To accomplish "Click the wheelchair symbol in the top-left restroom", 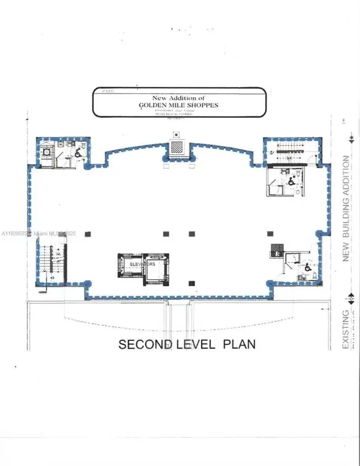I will pyautogui.click(x=78, y=154).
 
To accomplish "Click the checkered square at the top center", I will pyautogui.click(x=176, y=146).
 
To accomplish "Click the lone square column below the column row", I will pyautogui.click(x=192, y=282).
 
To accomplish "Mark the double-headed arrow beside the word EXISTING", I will pyautogui.click(x=350, y=299).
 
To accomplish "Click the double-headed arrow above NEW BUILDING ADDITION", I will pyautogui.click(x=350, y=139).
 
